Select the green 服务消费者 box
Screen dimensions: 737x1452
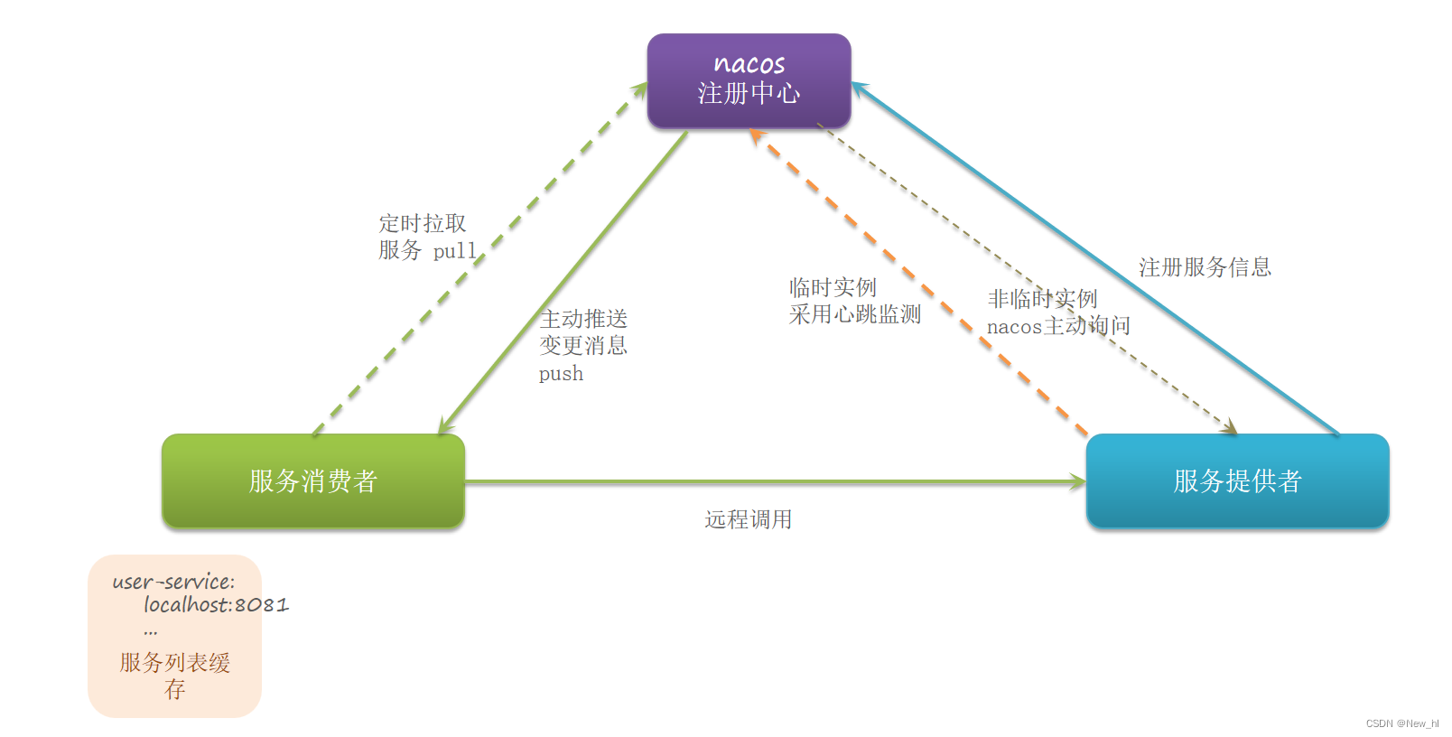(312, 480)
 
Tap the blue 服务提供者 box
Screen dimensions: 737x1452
(1237, 480)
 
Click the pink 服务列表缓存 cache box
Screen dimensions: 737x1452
(174, 636)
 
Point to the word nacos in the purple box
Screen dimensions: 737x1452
(749, 63)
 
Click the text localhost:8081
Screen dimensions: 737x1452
(216, 604)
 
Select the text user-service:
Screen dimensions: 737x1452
(173, 582)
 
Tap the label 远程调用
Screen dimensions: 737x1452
(748, 519)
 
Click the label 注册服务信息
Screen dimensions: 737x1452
(1205, 267)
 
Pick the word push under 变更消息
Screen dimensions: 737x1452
(561, 373)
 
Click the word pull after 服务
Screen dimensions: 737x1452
(454, 251)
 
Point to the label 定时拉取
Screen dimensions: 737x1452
(422, 223)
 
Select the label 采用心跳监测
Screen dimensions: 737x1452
(854, 314)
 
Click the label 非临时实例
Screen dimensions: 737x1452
(1042, 299)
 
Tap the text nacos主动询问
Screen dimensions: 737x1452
(1058, 326)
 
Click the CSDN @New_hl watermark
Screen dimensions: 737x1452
(1401, 723)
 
